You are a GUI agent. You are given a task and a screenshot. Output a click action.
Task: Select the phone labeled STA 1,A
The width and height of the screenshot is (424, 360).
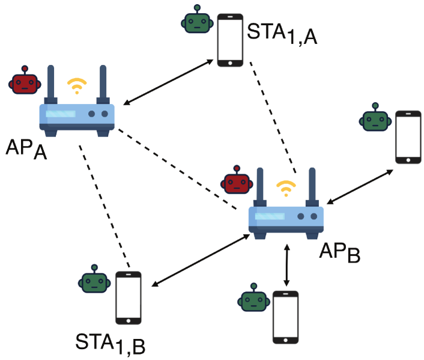(231, 40)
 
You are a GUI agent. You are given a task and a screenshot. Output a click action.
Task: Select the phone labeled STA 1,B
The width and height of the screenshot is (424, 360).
(129, 298)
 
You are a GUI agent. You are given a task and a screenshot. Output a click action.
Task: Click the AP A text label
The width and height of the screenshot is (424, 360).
(27, 148)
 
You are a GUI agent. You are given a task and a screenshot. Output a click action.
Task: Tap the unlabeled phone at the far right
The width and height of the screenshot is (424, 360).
(408, 136)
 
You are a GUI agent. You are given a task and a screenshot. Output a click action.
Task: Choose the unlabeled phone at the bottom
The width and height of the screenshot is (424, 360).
(286, 317)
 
